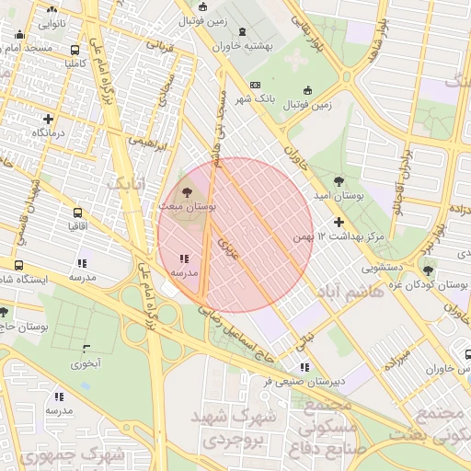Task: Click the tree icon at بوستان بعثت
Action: pos(187,193)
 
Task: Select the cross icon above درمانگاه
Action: pos(48,118)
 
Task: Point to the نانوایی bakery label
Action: pos(51,21)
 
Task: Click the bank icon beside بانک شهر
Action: pos(255,85)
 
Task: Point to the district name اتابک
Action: pos(126,184)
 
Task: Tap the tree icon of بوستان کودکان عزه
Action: pos(427,269)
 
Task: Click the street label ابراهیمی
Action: pos(148,144)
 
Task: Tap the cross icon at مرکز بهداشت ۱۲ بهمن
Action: pos(339,222)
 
